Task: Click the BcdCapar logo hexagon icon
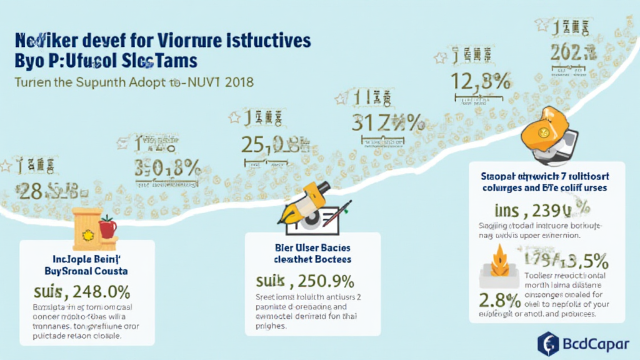click(548, 344)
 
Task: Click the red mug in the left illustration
click(107, 227)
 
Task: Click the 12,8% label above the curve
click(481, 81)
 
